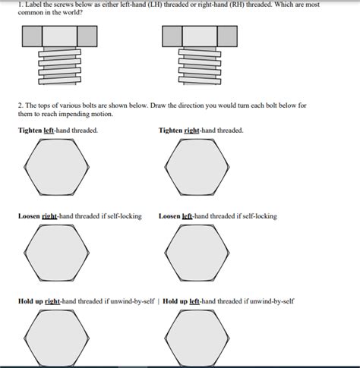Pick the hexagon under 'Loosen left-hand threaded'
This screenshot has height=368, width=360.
(197, 254)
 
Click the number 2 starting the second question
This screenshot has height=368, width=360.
(19, 105)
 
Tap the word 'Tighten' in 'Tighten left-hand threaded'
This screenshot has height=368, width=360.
(30, 131)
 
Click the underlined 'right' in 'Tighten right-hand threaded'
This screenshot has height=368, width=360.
(192, 131)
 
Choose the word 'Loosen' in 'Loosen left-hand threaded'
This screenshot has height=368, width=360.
(169, 216)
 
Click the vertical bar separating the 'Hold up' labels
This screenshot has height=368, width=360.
(158, 301)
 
